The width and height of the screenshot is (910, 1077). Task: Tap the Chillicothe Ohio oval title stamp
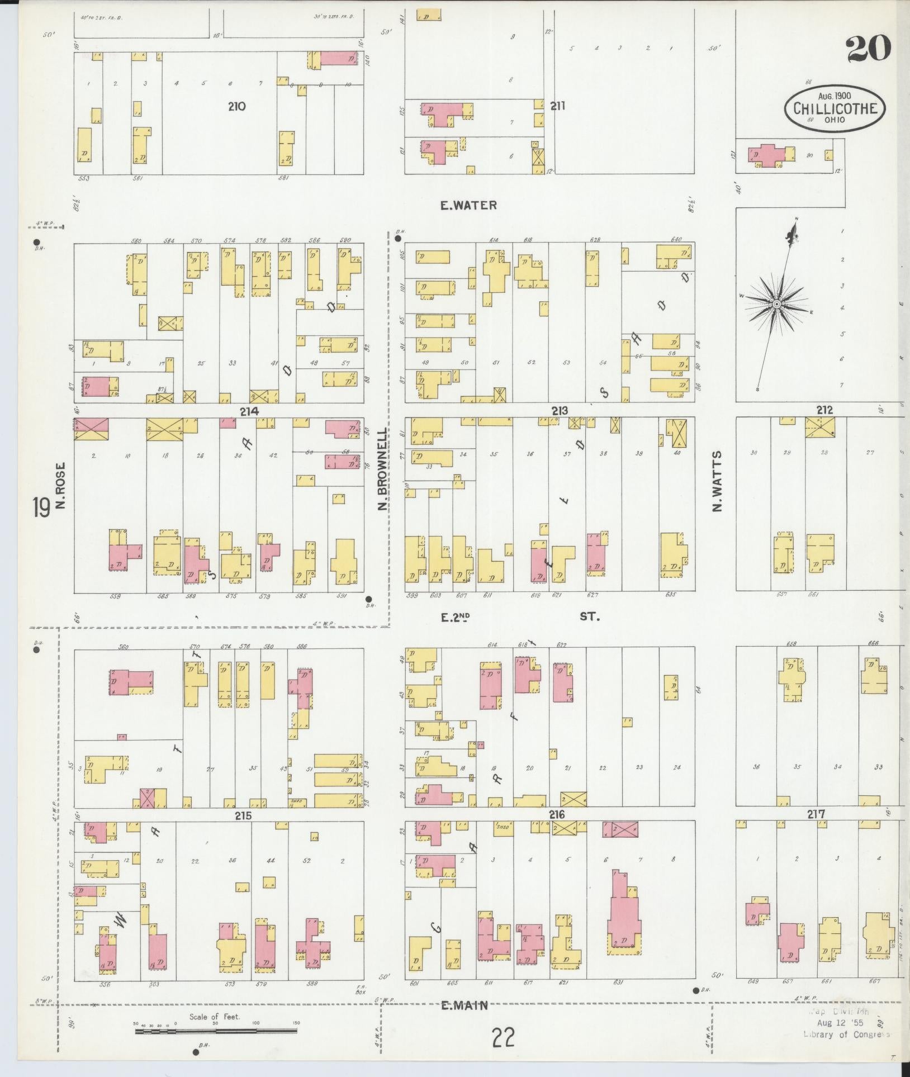click(x=835, y=110)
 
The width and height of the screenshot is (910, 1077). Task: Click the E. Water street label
click(x=468, y=205)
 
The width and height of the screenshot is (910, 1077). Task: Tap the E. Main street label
click(x=465, y=1006)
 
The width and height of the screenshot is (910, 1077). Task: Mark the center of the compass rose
click(x=776, y=303)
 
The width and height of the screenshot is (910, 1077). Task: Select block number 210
click(x=236, y=106)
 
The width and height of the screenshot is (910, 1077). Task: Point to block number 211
click(x=558, y=106)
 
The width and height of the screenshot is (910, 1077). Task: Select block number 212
click(x=824, y=410)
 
